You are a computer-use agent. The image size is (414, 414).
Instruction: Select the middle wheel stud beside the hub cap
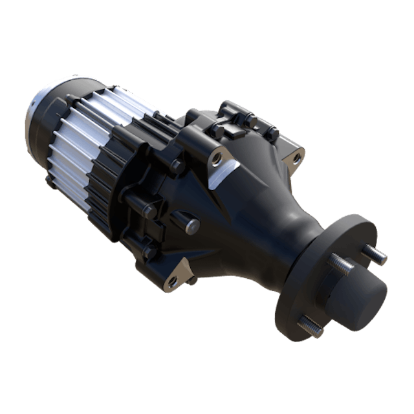[x=340, y=266]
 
